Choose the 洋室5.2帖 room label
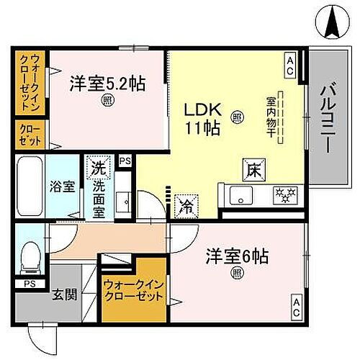click(107, 84)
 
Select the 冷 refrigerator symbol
click(184, 204)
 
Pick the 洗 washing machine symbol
click(97, 170)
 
